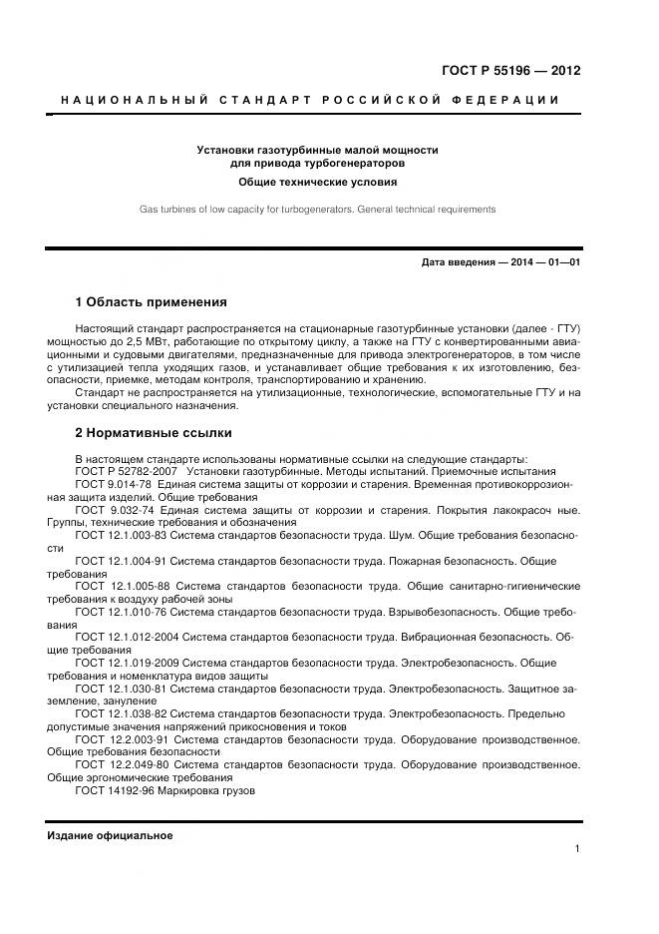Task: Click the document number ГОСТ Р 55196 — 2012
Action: click(510, 71)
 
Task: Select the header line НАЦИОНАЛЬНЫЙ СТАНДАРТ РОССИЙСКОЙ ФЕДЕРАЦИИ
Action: click(310, 100)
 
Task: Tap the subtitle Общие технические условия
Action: click(317, 183)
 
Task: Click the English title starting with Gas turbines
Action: click(317, 210)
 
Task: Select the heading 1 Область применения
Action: click(152, 301)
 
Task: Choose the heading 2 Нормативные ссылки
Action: click(154, 433)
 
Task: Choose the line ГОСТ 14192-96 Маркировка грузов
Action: click(165, 790)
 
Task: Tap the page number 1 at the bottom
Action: click(577, 848)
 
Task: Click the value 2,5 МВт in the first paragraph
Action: click(142, 340)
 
